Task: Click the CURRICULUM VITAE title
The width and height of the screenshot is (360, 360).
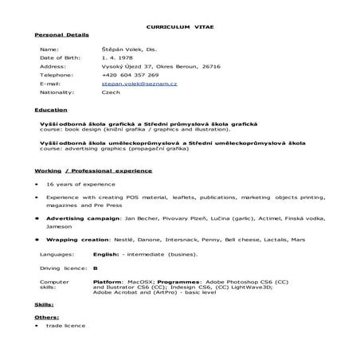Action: pyautogui.click(x=180, y=27)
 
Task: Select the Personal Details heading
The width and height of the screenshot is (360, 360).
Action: pyautogui.click(x=62, y=36)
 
